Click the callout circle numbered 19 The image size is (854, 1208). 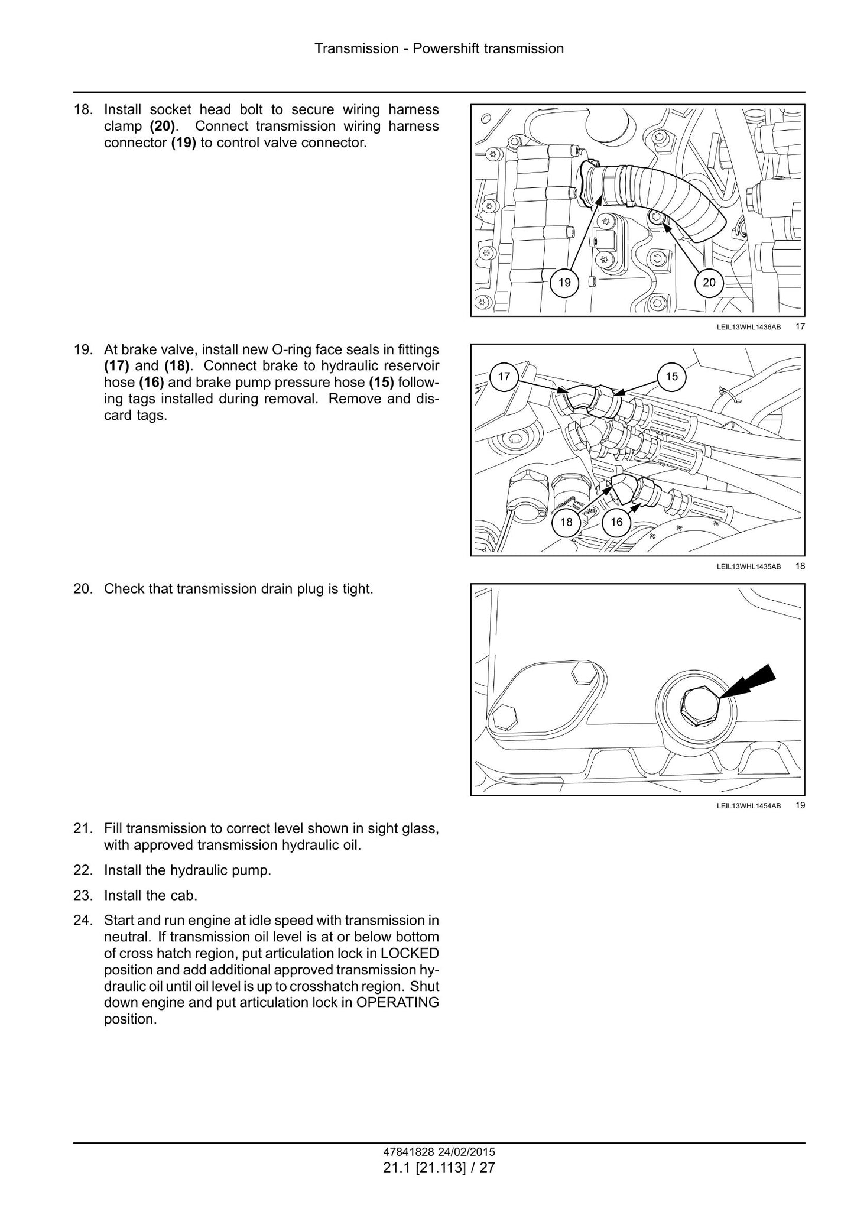[x=564, y=283]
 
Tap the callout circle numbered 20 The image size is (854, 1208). [x=709, y=283]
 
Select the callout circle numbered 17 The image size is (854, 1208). [x=504, y=376]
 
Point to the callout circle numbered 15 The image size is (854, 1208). [x=672, y=376]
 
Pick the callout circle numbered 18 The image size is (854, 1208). [x=566, y=522]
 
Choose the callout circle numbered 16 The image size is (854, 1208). [x=616, y=522]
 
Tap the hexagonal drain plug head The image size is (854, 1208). [x=699, y=707]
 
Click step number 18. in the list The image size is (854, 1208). [x=83, y=109]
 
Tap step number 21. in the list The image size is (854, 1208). [x=83, y=828]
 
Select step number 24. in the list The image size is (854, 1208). [x=83, y=920]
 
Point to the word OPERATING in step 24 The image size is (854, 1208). [x=398, y=1003]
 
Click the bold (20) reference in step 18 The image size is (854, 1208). [x=163, y=126]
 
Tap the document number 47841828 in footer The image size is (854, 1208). [x=408, y=1152]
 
